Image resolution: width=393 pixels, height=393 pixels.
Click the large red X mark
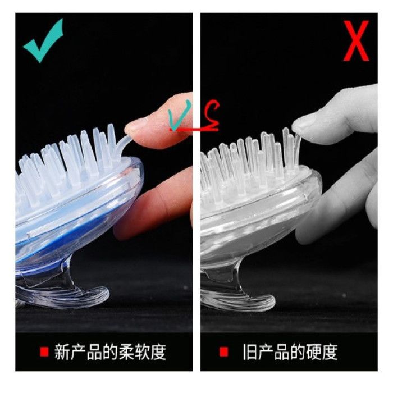356,40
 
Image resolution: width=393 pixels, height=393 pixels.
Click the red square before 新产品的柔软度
44,351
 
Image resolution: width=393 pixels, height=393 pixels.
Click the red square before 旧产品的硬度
223,351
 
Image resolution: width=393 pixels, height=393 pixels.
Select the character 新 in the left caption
62,352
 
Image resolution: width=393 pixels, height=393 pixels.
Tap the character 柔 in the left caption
126,352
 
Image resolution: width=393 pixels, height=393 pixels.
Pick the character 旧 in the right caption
250,352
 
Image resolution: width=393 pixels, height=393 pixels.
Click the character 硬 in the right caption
313,352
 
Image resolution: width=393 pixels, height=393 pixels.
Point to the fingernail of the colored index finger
136,124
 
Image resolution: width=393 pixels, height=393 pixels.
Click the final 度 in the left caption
158,352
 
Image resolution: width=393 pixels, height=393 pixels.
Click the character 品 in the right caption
282,352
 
